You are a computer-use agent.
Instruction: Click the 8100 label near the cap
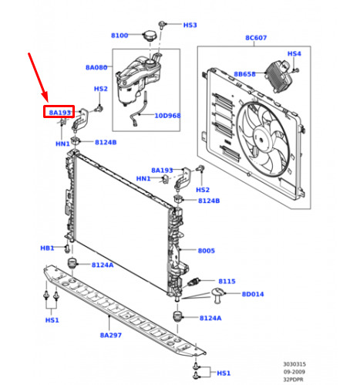point(119,35)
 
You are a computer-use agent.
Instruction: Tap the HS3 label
point(190,25)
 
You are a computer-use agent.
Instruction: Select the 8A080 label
point(96,67)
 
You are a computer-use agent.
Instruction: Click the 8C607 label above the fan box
point(256,38)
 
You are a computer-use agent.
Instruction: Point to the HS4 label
point(294,53)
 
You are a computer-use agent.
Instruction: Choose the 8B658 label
point(244,74)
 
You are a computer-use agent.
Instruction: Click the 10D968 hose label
point(167,116)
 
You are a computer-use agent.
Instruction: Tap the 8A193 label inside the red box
point(59,113)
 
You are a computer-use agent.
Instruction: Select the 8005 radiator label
point(207,251)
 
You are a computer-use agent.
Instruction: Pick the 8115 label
point(227,281)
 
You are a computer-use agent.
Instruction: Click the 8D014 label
point(253,294)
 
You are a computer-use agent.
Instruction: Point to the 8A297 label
point(111,335)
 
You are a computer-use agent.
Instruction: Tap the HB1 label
point(47,248)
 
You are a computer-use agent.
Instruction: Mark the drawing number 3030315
point(294,364)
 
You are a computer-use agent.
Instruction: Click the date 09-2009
point(294,372)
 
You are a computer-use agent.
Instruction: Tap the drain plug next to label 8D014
point(217,296)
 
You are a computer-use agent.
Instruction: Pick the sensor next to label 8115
point(194,282)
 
